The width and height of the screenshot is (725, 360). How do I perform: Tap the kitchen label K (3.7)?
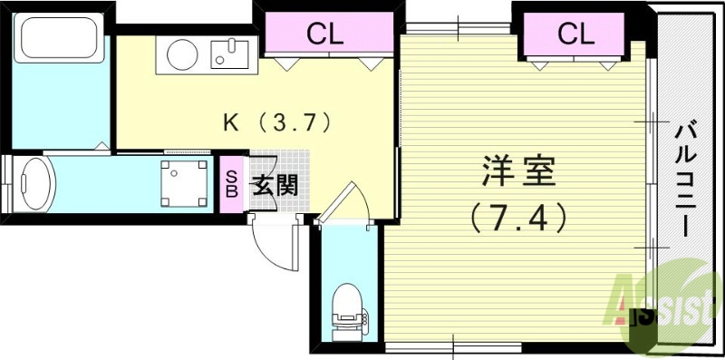275,121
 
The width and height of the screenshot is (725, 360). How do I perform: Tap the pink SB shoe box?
231,184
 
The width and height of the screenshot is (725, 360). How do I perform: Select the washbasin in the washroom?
36,185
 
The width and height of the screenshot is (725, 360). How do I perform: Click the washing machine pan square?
182,182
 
